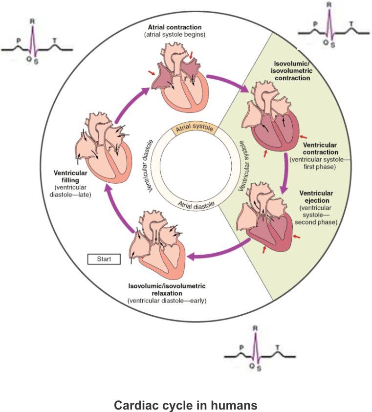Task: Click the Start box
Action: click(x=104, y=259)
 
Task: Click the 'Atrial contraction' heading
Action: click(x=176, y=27)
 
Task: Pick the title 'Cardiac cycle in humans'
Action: click(x=185, y=406)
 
